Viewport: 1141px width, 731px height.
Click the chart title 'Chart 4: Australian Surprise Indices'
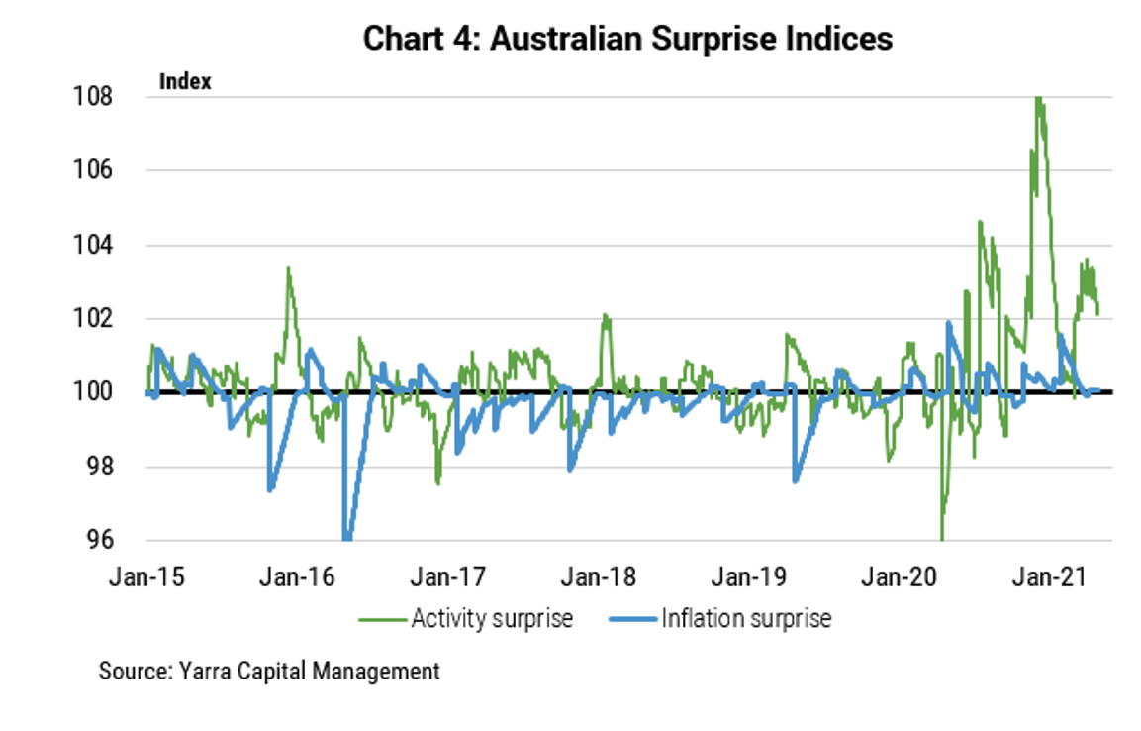coord(627,39)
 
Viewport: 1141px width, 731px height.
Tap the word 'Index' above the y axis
coord(185,82)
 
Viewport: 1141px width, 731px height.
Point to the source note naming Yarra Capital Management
coord(269,672)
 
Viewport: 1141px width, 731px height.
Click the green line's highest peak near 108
coord(1037,98)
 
